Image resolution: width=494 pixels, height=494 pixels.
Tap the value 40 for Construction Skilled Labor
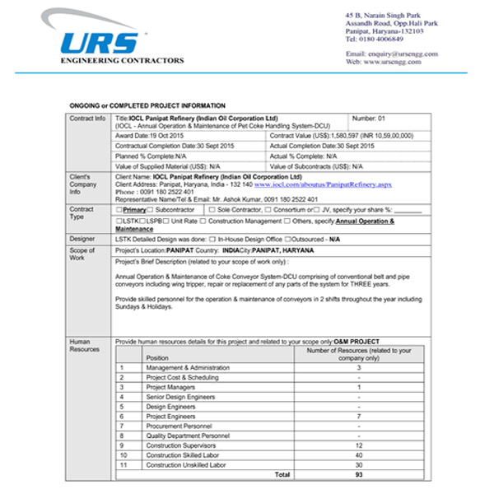tap(358, 455)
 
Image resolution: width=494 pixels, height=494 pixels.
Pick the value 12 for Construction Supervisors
tap(358, 445)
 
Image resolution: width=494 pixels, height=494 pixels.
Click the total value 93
tap(358, 475)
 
